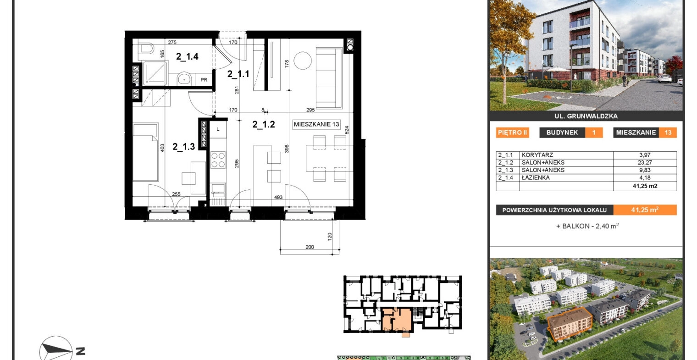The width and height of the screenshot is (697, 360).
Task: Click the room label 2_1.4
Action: (x=187, y=56)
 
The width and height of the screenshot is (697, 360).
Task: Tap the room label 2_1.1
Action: (x=238, y=74)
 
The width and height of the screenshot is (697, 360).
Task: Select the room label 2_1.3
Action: (x=183, y=147)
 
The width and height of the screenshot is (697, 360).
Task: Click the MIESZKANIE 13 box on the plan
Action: (x=316, y=124)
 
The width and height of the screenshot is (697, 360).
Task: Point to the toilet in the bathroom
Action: (x=147, y=48)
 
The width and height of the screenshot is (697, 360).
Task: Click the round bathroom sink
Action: (x=184, y=79)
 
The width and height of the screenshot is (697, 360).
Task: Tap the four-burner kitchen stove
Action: (x=218, y=160)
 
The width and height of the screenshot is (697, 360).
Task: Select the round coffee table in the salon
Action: (x=303, y=61)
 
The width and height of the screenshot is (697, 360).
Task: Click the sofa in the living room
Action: (x=329, y=78)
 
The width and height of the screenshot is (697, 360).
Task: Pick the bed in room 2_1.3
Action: (x=146, y=152)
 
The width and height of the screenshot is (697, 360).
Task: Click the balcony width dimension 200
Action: (x=310, y=247)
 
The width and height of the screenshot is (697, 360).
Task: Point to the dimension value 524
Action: (x=347, y=130)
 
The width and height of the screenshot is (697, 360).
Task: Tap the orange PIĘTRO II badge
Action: (x=512, y=133)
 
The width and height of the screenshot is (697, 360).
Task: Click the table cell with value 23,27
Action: (x=645, y=162)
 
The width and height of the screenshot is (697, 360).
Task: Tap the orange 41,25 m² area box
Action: (x=645, y=210)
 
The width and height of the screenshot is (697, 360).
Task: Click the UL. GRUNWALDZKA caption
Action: (x=586, y=116)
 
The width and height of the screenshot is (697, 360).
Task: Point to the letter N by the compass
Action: (x=81, y=351)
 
